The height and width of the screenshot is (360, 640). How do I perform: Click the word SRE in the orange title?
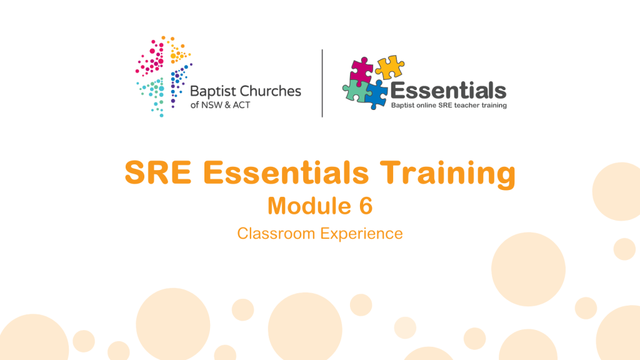pyautogui.click(x=158, y=172)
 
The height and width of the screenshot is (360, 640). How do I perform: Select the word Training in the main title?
pyautogui.click(x=447, y=174)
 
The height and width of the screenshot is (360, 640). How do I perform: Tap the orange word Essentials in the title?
pyautogui.click(x=286, y=172)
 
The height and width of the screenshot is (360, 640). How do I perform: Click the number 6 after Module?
pyautogui.click(x=366, y=206)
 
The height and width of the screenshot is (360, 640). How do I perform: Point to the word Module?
pyautogui.click(x=309, y=206)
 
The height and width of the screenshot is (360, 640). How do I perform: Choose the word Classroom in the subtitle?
pyautogui.click(x=276, y=234)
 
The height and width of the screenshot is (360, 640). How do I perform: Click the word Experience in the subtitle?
pyautogui.click(x=362, y=234)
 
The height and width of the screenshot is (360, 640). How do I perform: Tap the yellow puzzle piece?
pyautogui.click(x=390, y=67)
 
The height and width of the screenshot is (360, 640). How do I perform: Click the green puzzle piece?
pyautogui.click(x=355, y=91)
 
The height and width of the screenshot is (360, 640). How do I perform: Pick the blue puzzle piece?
pyautogui.click(x=376, y=95)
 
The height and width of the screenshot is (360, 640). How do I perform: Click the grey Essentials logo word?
pyautogui.click(x=448, y=91)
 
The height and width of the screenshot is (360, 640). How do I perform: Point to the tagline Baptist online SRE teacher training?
pyautogui.click(x=449, y=105)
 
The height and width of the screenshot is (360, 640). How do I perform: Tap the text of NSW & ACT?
pyautogui.click(x=220, y=105)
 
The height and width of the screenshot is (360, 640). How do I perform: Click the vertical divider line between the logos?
pyautogui.click(x=322, y=83)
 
